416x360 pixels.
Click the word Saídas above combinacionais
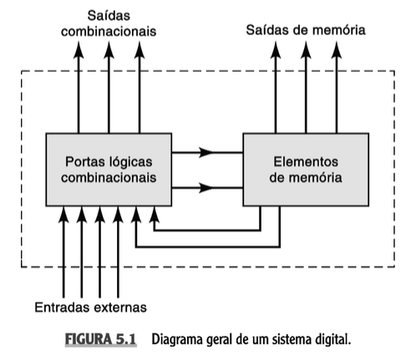click(x=109, y=16)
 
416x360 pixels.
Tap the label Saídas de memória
click(x=306, y=30)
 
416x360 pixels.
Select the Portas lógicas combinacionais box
click(x=109, y=170)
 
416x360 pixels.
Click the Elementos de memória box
click(x=306, y=170)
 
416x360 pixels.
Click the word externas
click(x=120, y=307)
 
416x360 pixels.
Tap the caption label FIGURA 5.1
click(x=100, y=339)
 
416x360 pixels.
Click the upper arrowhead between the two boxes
click(x=206, y=152)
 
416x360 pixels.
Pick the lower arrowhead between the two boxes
click(x=206, y=188)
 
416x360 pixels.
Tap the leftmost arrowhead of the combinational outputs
click(x=79, y=50)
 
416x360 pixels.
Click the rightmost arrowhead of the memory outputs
click(x=337, y=50)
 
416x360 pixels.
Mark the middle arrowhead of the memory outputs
click(x=306, y=50)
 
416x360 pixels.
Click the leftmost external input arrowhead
click(x=63, y=215)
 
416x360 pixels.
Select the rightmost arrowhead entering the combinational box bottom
click(x=155, y=215)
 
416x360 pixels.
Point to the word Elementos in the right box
click(x=306, y=162)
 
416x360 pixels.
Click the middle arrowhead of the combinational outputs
click(x=109, y=50)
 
